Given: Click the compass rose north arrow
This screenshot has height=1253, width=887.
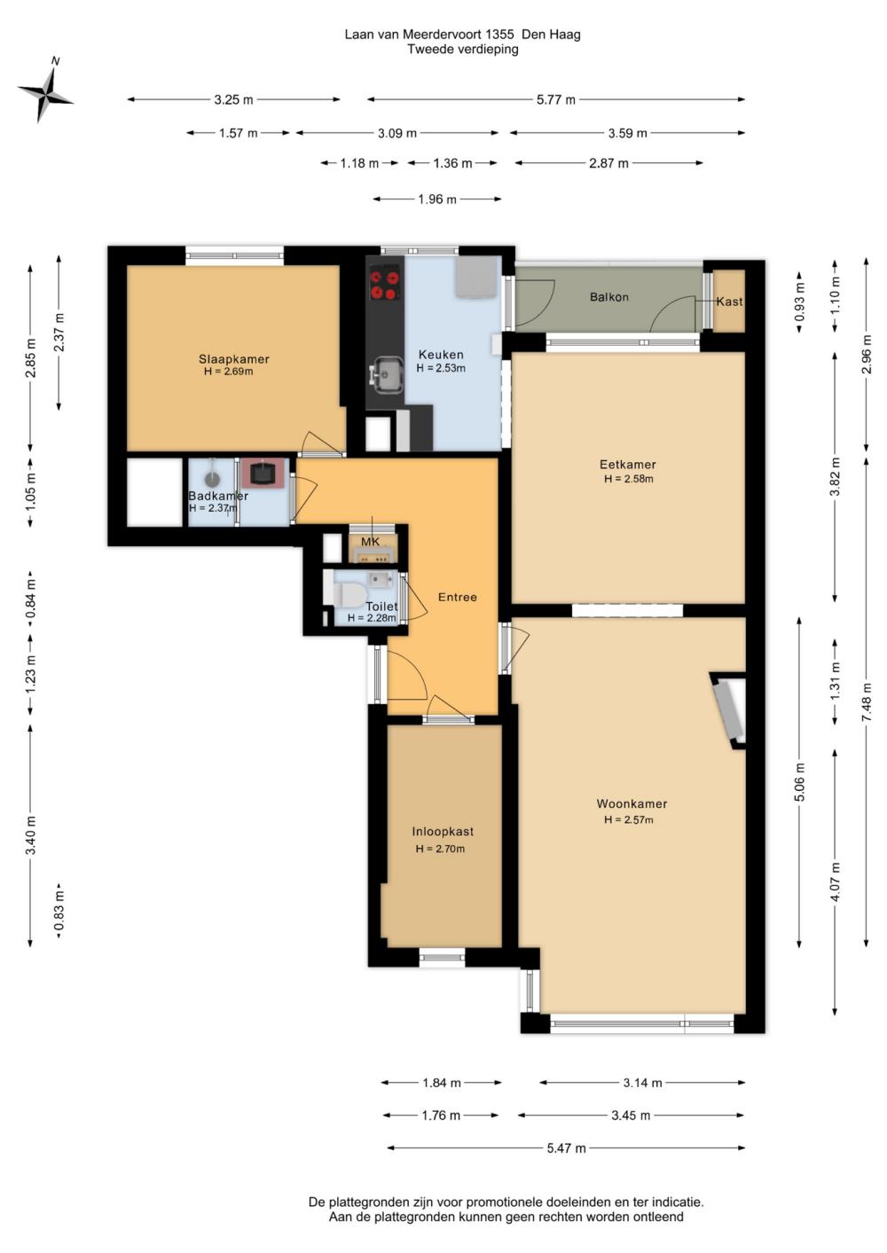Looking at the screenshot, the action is pos(45,91).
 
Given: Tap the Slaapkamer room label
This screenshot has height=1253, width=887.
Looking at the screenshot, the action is pos(234,359).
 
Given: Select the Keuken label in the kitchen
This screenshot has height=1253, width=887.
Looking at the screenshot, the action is pos(441,355).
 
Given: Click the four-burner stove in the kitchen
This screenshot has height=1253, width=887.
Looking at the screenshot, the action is pos(386,284).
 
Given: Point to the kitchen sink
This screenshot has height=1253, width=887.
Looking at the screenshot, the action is pos(387,374).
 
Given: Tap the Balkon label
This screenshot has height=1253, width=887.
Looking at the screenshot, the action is pos(608,297).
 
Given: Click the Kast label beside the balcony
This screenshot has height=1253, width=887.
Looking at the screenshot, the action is pos(729,302).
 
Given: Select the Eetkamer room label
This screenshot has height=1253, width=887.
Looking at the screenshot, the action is pos(627,465).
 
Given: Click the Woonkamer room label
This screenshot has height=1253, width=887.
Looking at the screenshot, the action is pos(632,803).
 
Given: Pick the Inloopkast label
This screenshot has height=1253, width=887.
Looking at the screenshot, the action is pos(443,831).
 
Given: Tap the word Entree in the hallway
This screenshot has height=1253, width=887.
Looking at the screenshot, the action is pos(457,597).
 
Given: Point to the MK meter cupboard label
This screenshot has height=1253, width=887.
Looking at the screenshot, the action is pos(370,541).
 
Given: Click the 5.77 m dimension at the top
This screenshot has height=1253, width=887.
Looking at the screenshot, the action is pos(555,99).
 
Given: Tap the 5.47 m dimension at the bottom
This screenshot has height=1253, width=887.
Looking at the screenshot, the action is pos(566,1147).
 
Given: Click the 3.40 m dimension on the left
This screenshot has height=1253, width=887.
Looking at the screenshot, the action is pos(31,835).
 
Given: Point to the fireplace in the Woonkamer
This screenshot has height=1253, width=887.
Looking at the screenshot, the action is pos(728,709).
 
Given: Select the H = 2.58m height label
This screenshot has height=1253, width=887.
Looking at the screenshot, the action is pos(628,479).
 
